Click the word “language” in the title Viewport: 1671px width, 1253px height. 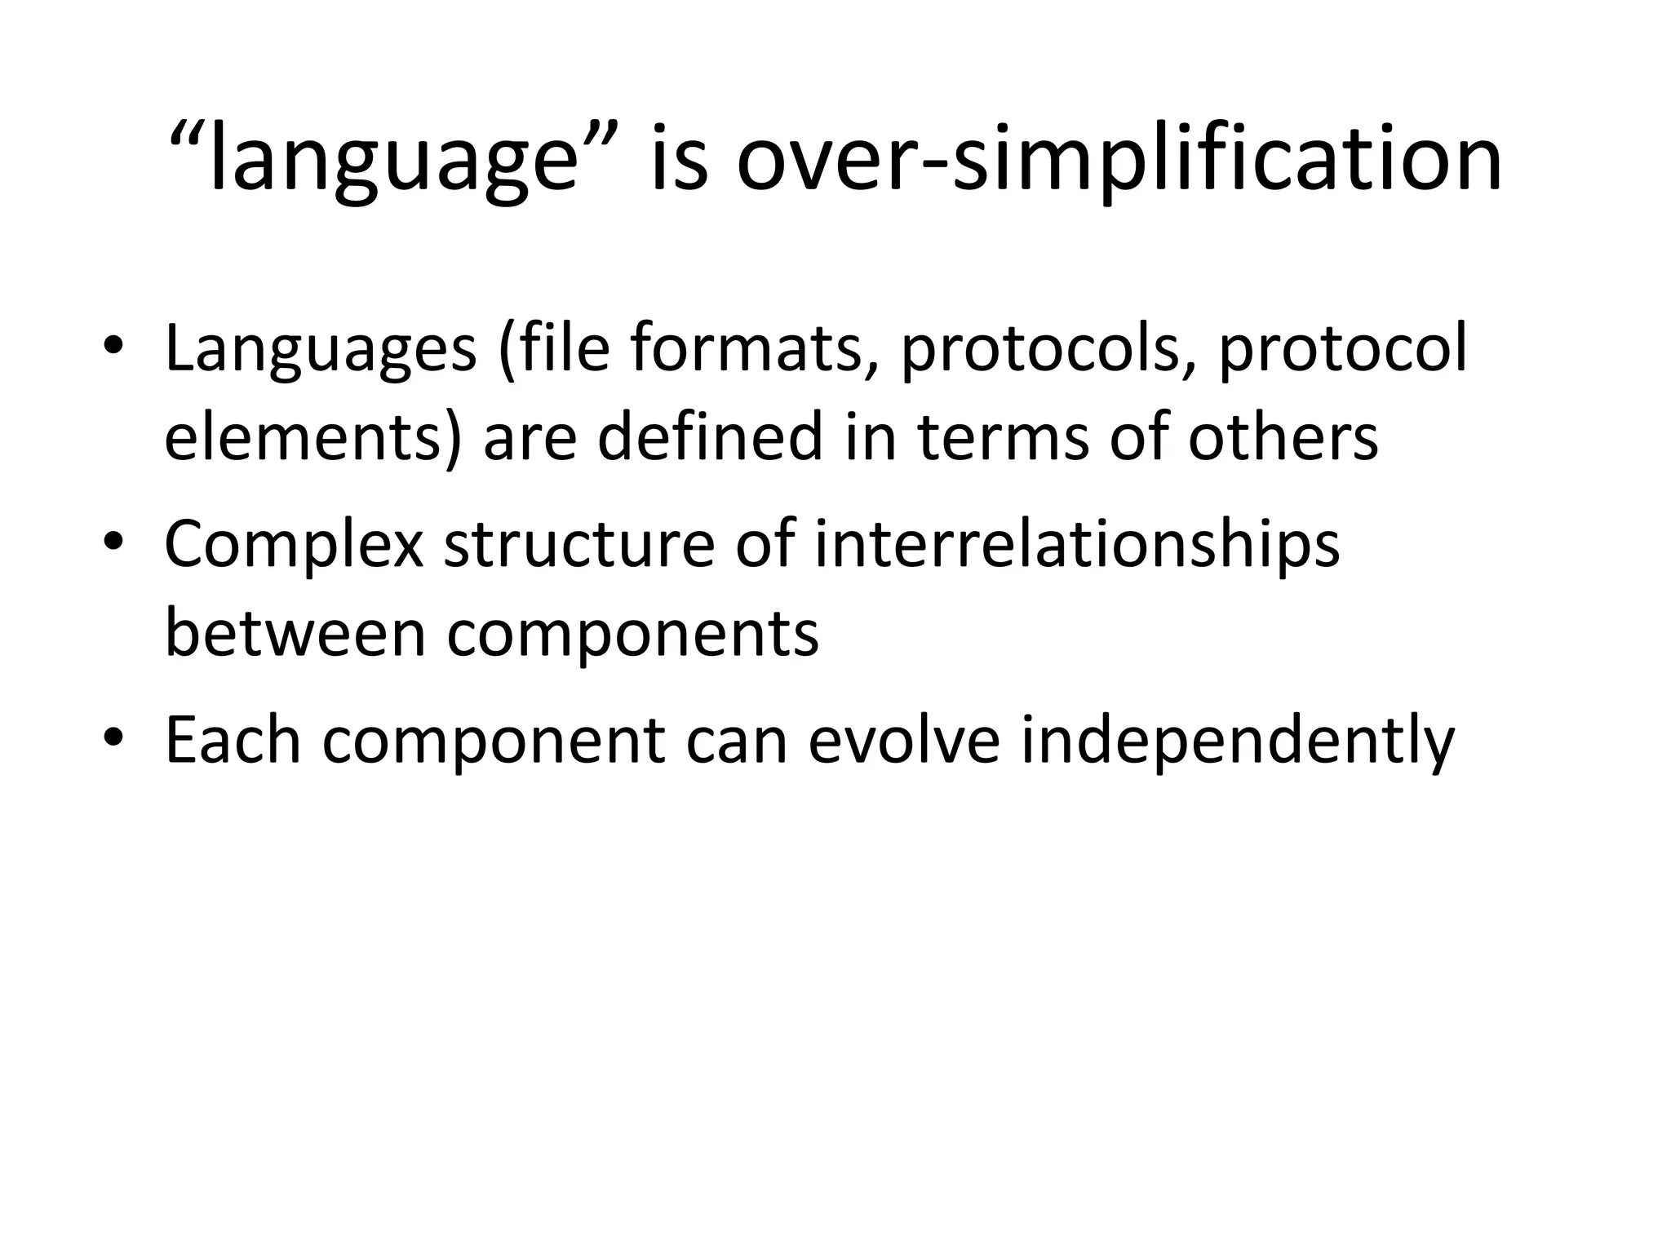(x=392, y=159)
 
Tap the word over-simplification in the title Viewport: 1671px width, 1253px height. (x=1119, y=159)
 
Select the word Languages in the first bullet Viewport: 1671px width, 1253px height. (x=321, y=350)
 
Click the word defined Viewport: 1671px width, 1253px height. (x=710, y=436)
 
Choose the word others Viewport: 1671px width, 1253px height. (x=1283, y=436)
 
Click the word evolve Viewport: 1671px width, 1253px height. (x=904, y=740)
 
